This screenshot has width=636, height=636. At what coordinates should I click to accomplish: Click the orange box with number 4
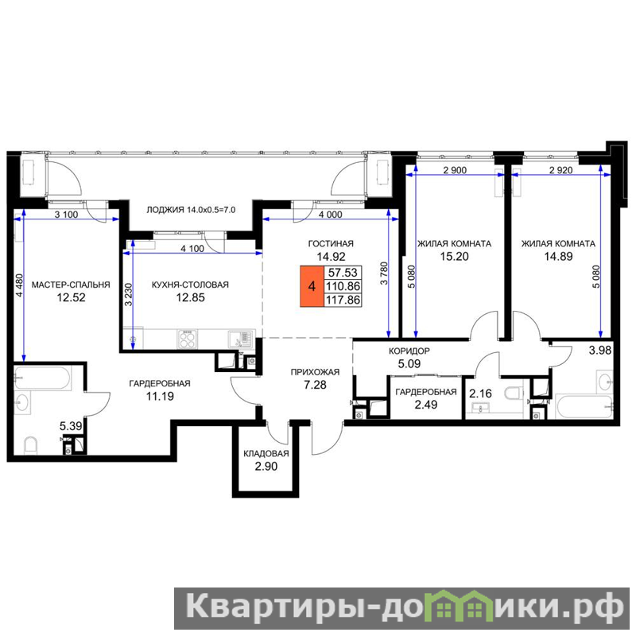coord(312,286)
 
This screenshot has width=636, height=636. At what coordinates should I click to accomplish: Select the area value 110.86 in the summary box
coord(343,286)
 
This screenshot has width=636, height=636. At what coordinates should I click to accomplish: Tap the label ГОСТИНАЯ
coord(331,244)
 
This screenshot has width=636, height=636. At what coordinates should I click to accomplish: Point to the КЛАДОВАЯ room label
coord(266,453)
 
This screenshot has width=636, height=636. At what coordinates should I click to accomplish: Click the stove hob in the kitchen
coord(188,339)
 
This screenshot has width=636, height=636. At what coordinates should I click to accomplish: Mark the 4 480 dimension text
coord(19,286)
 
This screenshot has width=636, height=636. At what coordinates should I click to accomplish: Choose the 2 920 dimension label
coord(561,170)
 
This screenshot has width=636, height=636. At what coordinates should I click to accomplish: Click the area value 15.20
coord(454,256)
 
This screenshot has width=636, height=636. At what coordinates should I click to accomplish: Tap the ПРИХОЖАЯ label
coord(315,372)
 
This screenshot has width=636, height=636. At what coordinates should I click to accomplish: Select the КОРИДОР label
coord(409,351)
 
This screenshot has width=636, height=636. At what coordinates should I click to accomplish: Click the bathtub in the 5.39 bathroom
coord(43,378)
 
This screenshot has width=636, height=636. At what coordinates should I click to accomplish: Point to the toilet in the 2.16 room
coord(514,392)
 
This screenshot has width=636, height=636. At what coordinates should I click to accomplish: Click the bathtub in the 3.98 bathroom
coord(584,407)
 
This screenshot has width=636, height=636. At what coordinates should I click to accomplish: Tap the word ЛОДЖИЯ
coord(165,210)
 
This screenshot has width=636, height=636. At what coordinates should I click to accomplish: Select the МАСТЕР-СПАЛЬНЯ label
coord(71,285)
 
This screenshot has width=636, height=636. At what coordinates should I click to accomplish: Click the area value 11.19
coord(160,396)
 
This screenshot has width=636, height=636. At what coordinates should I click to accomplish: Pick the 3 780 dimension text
coord(384,274)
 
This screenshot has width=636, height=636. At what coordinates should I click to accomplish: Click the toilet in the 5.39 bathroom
coord(31,444)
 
